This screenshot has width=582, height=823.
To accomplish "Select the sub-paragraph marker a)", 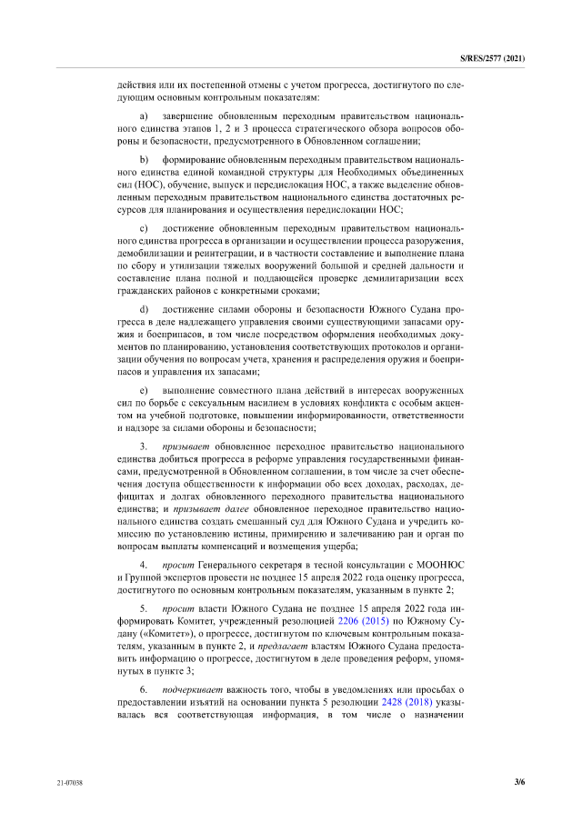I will (x=143, y=118).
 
